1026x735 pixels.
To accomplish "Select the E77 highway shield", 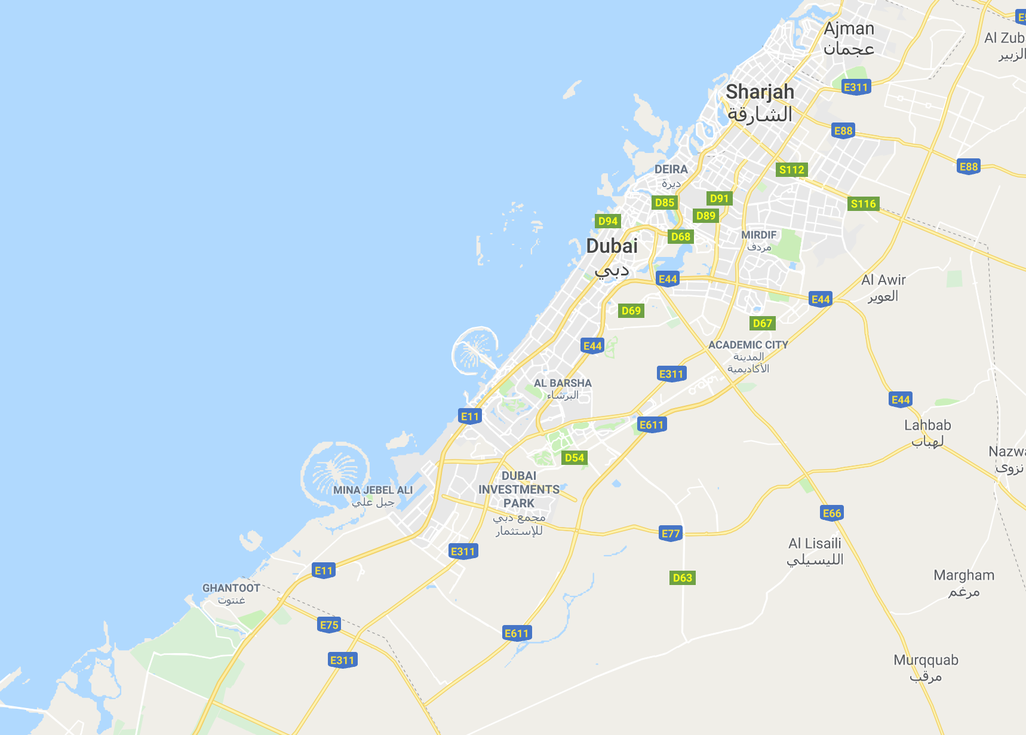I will click(671, 534).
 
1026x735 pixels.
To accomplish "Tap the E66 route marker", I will click(832, 513).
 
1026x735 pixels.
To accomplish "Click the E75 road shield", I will click(329, 625).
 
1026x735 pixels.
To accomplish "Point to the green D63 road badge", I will click(682, 578).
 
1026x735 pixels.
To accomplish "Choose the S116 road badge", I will click(863, 204).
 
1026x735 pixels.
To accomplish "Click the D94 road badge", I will click(608, 221).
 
